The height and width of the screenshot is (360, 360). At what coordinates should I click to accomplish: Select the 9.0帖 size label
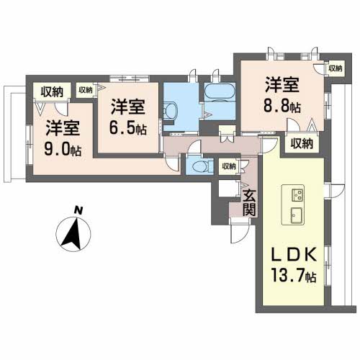[x=64, y=150]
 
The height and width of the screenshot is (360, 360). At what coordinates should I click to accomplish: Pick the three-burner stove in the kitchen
[x=297, y=194]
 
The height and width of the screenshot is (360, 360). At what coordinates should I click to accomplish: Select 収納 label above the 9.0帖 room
[x=52, y=91]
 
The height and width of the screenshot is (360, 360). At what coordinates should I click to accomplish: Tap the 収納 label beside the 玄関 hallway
[x=228, y=166]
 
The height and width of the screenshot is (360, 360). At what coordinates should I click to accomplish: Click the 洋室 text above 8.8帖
[x=281, y=84]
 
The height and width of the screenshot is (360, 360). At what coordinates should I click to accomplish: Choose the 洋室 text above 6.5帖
[x=128, y=107]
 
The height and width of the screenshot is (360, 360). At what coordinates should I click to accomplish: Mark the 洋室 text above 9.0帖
[x=64, y=130]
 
